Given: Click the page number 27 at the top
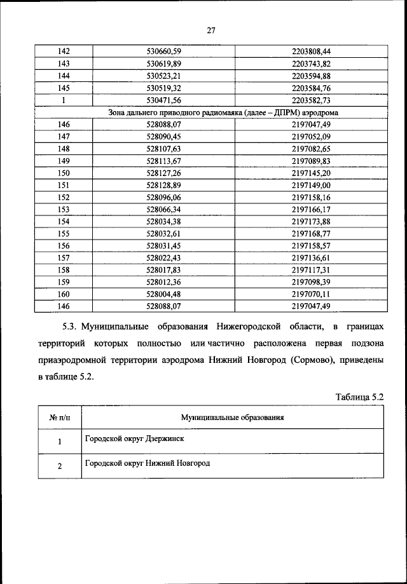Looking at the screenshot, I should tap(212, 30).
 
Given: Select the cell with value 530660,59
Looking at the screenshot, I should tap(164, 51).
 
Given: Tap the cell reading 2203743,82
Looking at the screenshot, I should tap(312, 64).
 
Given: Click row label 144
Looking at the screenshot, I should tap(64, 76).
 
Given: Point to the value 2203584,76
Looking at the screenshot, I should tap(312, 88).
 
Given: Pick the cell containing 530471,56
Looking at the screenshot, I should tap(164, 100).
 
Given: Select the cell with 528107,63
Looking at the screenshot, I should tap(164, 149).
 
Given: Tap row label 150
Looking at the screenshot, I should tap(64, 173).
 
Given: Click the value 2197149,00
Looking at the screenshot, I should tap(312, 185).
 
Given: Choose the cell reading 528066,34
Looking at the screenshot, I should tap(164, 209).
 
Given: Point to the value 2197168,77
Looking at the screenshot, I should tap(312, 233).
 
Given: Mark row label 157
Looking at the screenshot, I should tap(64, 257).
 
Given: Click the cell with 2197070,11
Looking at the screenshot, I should tap(312, 294).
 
